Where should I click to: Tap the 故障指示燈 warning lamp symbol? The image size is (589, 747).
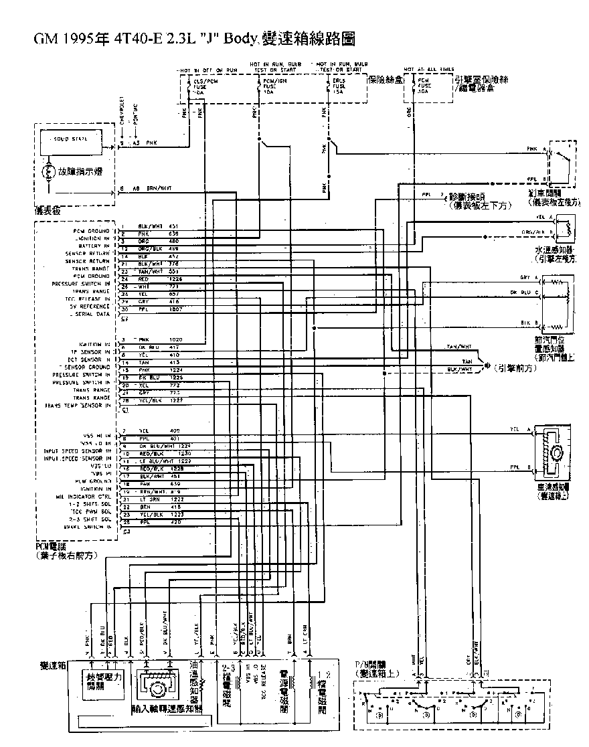point(48,171)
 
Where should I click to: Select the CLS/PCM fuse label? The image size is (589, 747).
point(193,83)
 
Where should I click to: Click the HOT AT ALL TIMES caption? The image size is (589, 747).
point(428,69)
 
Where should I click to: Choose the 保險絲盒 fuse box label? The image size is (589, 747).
point(384,78)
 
